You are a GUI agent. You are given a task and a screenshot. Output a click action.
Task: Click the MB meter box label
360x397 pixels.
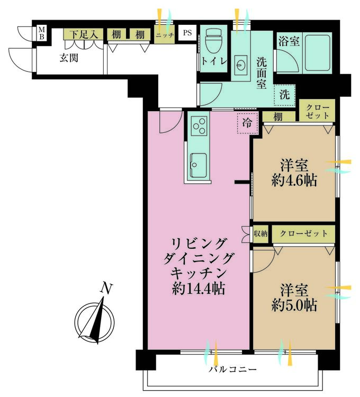pos(41,33)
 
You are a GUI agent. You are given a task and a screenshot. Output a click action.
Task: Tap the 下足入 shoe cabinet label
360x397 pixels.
pos(84,34)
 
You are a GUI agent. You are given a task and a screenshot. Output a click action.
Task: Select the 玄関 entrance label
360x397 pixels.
pos(69,58)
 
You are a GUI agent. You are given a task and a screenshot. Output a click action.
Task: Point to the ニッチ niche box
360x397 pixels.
pos(165,34)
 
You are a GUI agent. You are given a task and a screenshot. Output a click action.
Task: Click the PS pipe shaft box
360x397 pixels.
pos(187,33)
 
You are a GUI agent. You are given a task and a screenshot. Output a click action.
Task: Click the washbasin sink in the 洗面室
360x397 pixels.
pos(240,65)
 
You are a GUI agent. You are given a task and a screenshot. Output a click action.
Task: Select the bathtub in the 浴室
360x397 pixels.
pos(318,52)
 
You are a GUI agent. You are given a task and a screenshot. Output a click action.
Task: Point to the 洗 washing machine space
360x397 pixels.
pos(284,95)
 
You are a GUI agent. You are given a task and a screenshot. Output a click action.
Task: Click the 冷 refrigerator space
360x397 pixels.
pos(247,123)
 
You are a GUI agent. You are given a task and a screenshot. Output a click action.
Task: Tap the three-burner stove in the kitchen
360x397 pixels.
pos(199,126)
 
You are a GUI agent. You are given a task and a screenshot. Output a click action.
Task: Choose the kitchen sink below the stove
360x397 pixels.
pos(198,165)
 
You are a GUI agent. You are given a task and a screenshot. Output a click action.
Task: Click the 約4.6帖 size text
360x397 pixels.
pos(294,181)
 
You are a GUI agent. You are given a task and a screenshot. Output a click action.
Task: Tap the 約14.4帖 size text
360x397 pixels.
pos(198,288)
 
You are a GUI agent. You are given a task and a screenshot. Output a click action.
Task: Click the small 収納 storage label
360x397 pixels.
pos(260,233)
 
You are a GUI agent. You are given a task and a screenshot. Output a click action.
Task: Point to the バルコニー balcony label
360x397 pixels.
pos(232,369)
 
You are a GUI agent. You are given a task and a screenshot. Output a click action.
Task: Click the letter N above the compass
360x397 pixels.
pos(106,288)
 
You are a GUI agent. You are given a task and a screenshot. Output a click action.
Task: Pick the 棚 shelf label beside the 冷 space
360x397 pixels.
pos(278,117)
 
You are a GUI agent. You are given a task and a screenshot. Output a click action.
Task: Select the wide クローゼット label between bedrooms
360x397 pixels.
pos(303,233)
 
